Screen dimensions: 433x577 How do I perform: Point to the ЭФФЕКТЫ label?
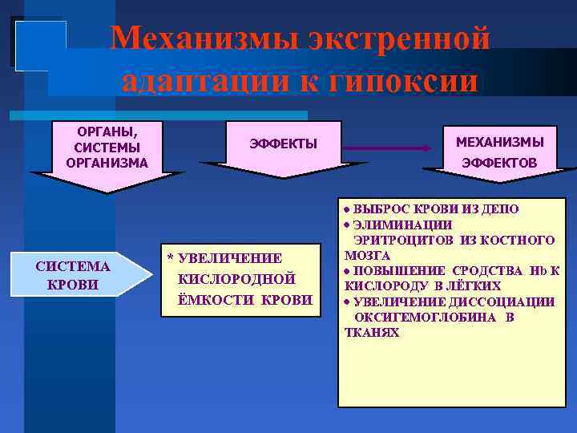click(284, 144)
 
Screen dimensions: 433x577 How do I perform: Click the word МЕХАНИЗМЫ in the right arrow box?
click(499, 142)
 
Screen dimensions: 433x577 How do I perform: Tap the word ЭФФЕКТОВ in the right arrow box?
click(499, 164)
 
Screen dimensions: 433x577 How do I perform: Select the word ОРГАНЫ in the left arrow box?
click(107, 132)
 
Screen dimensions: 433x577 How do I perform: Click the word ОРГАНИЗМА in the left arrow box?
click(107, 162)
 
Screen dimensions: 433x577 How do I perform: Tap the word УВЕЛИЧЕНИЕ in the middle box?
click(229, 258)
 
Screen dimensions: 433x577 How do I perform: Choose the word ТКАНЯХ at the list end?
click(371, 332)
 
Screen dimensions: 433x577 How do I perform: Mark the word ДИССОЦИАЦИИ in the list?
click(512, 301)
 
